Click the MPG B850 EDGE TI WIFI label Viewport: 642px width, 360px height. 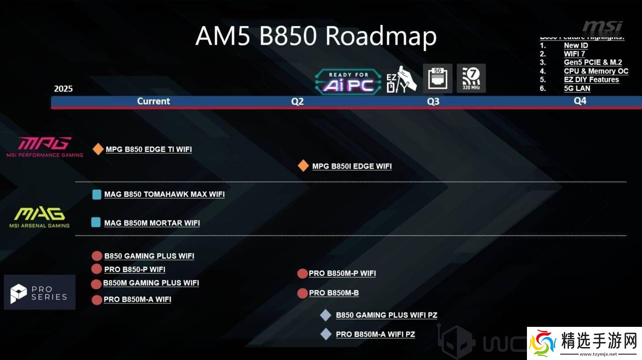149,149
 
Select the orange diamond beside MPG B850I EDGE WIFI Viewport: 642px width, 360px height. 303,166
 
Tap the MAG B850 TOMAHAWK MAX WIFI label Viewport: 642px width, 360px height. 164,194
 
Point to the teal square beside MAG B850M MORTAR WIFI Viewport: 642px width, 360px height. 96,222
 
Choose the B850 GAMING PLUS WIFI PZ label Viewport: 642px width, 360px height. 387,315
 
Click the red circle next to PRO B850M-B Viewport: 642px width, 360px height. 302,293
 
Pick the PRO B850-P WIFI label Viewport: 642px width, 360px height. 135,269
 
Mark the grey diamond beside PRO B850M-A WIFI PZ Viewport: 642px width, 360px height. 326,334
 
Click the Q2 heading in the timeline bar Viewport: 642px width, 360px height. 298,101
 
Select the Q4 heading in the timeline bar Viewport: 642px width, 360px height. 580,101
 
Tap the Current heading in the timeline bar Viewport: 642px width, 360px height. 154,101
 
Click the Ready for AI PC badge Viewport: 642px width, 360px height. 348,81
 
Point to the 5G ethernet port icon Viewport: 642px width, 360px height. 438,78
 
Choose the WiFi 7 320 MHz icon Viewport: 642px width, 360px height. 471,78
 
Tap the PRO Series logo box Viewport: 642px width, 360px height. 40,292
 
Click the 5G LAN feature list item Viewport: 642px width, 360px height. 577,88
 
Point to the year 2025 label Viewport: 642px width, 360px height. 64,89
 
